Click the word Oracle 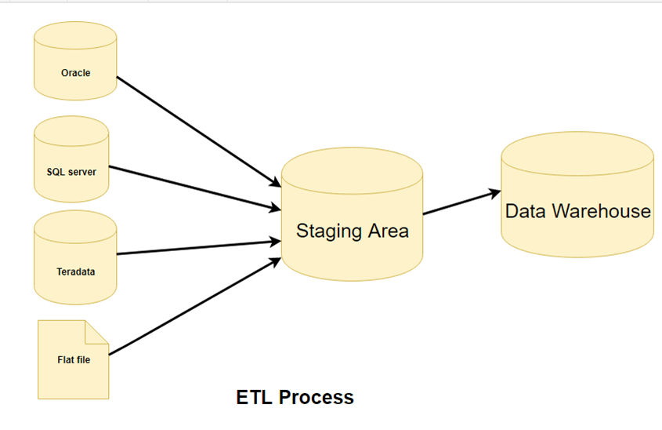click(75, 73)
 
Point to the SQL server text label click(71, 171)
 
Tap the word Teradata click(75, 272)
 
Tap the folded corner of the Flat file click(97, 332)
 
